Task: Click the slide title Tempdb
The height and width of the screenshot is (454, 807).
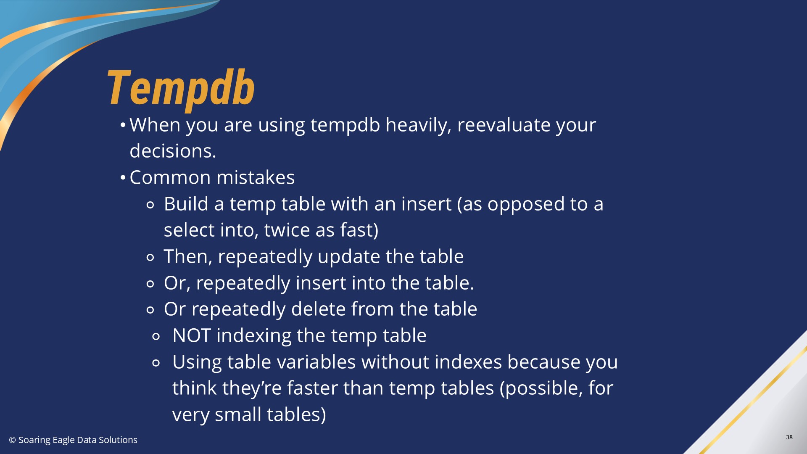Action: pyautogui.click(x=181, y=89)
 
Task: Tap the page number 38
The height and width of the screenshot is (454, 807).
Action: pyautogui.click(x=789, y=437)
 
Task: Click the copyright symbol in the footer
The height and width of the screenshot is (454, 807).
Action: pyautogui.click(x=13, y=440)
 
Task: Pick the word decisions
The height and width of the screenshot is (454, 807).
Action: pyautogui.click(x=173, y=151)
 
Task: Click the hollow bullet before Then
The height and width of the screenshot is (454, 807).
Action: pyautogui.click(x=150, y=257)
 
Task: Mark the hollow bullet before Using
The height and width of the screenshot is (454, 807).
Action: pyautogui.click(x=156, y=363)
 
